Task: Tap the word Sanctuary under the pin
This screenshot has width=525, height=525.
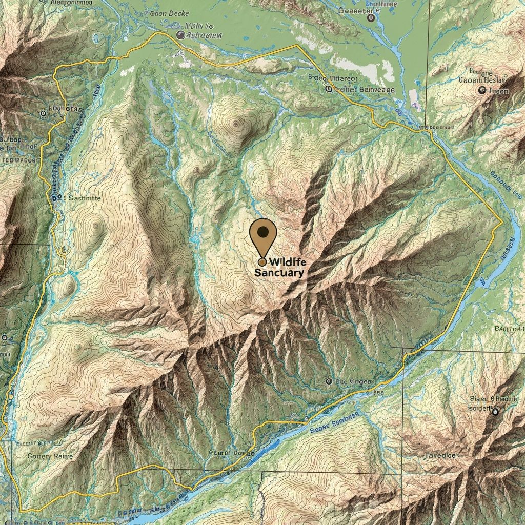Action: pyautogui.click(x=279, y=273)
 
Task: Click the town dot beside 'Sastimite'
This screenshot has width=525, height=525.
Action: pyautogui.click(x=53, y=197)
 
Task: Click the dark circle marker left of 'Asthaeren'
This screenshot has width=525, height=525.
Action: pyautogui.click(x=180, y=35)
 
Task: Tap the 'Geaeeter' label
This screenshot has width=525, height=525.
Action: pyautogui.click(x=361, y=10)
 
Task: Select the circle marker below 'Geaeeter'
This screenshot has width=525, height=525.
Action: pyautogui.click(x=371, y=18)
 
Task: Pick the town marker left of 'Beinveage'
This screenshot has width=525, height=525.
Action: pyautogui.click(x=329, y=89)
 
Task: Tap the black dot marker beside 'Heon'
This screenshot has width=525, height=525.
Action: pyautogui.click(x=481, y=90)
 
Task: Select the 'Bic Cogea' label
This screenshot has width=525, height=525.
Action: pyautogui.click(x=353, y=382)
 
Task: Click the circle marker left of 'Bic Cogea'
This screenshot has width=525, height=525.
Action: pyautogui.click(x=329, y=382)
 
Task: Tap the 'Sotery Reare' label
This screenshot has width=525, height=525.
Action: pyautogui.click(x=50, y=456)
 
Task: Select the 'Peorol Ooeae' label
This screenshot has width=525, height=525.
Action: pyautogui.click(x=232, y=453)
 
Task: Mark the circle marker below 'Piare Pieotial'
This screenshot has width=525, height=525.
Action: pyautogui.click(x=495, y=412)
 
